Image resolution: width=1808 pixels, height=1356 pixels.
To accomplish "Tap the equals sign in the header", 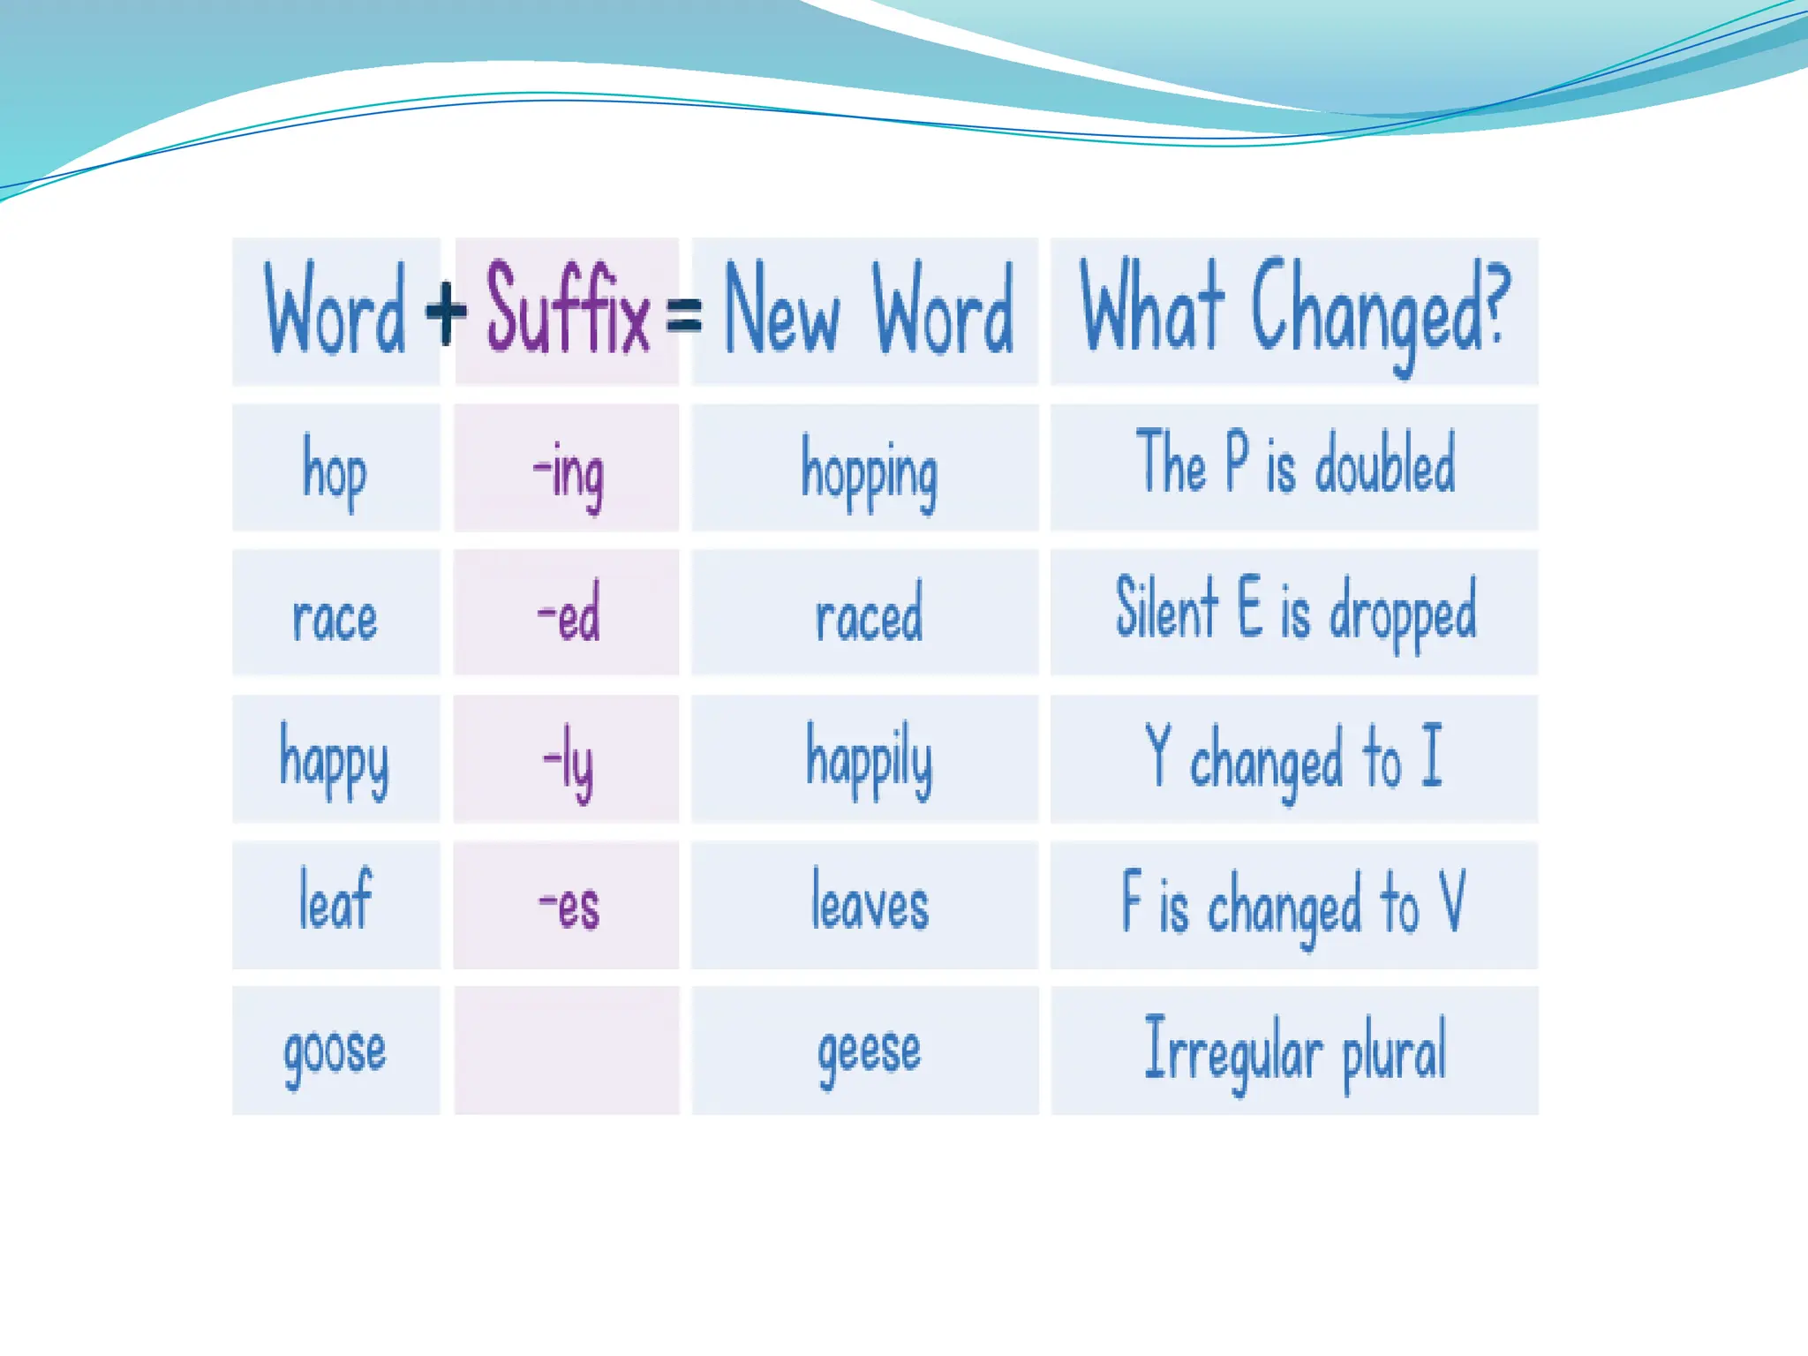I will tap(684, 316).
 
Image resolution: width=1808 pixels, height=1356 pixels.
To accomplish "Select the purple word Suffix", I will tap(568, 309).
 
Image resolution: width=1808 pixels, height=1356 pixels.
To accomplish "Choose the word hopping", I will tap(869, 474).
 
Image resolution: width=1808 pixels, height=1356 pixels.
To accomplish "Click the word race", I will tap(335, 617).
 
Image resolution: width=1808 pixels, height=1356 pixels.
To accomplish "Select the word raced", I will tap(869, 613).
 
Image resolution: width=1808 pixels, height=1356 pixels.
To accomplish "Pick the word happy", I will tap(335, 761).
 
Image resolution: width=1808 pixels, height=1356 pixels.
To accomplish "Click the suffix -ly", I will tap(569, 762).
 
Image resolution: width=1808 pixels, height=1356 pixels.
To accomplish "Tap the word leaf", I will tap(335, 900).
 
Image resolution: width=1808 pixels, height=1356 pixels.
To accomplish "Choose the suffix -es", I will tap(569, 907).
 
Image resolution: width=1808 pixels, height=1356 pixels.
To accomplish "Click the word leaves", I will tap(870, 900).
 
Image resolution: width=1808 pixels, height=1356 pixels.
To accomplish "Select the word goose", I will tap(335, 1053).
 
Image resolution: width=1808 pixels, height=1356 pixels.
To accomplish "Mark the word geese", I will tap(869, 1053).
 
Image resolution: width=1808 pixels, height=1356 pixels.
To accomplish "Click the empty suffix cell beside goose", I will tap(567, 1051).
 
